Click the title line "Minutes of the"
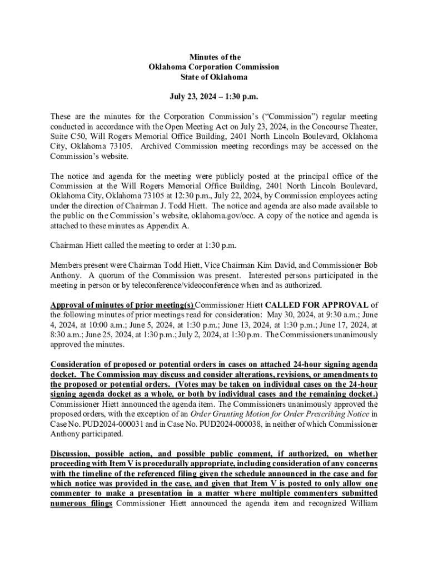pyautogui.click(x=214, y=57)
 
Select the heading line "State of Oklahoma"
pyautogui.click(x=214, y=77)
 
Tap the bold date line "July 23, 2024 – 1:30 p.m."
pyautogui.click(x=214, y=97)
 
